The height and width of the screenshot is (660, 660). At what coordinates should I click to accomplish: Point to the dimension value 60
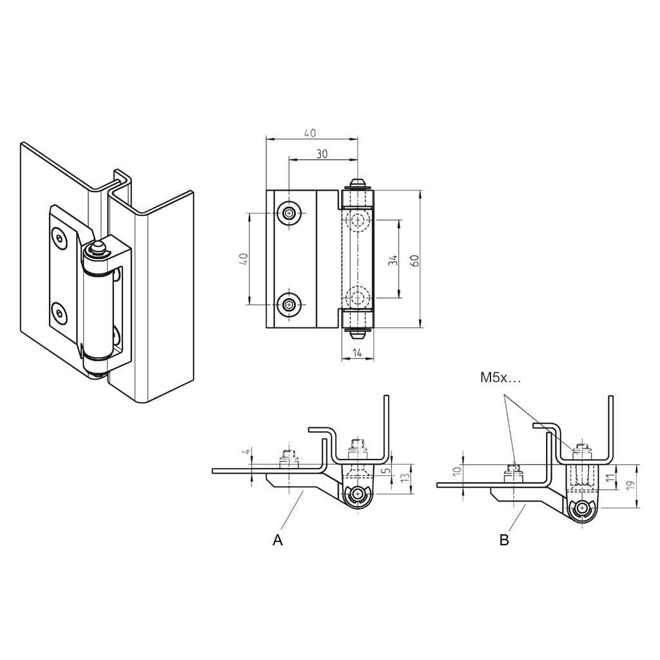point(414,260)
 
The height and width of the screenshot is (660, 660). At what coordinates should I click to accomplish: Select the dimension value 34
point(393,260)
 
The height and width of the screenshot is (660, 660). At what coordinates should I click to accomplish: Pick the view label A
point(278,540)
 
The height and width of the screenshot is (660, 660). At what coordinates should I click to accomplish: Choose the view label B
point(504,540)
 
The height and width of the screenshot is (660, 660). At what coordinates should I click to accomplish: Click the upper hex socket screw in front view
point(290,213)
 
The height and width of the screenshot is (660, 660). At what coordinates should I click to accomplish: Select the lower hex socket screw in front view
point(290,304)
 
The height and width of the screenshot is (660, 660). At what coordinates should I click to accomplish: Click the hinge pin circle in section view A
point(356,495)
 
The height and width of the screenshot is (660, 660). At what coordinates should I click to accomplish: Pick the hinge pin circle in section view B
point(583,509)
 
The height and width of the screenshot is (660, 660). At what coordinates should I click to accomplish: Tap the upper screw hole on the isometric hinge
point(60,238)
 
